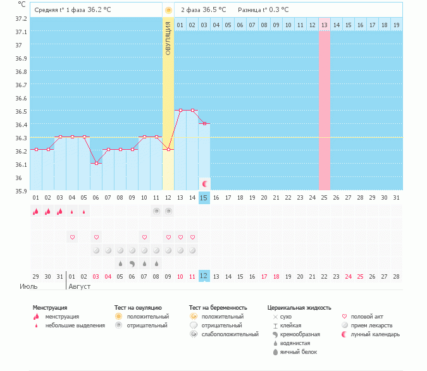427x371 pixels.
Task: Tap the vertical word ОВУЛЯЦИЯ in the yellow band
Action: pos(168,38)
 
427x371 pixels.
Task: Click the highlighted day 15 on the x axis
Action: pos(204,198)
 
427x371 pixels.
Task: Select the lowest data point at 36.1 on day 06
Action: pos(96,163)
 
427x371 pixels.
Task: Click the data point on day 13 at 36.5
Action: pos(180,110)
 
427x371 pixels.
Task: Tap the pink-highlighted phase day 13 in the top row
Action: pos(324,25)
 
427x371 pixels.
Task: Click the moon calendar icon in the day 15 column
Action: pos(204,183)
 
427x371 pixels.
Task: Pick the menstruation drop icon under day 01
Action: pos(36,212)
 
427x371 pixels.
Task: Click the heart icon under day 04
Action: pos(72,238)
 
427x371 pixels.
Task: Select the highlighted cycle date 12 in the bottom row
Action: pos(204,276)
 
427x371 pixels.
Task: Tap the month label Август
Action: pos(78,286)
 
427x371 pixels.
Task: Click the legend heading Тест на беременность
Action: pos(217,308)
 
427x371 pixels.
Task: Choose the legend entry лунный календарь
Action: pos(376,334)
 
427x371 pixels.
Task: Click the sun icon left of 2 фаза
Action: pos(168,10)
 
